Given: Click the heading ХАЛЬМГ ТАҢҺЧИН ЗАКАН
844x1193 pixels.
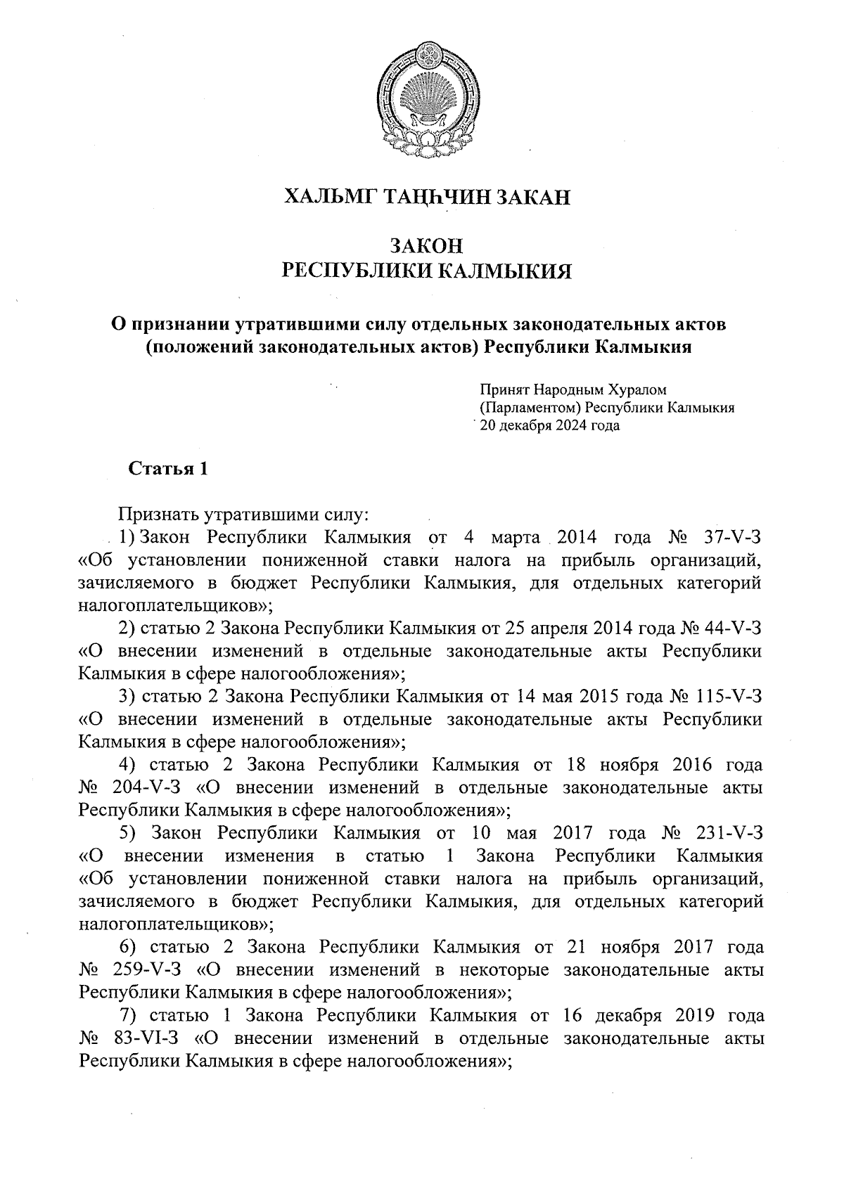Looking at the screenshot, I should (x=426, y=196).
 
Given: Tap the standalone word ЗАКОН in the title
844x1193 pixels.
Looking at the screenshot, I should (x=426, y=246).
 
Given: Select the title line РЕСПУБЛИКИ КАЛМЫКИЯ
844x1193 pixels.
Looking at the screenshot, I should (x=426, y=271).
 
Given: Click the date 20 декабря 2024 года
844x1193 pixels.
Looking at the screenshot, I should (x=549, y=425).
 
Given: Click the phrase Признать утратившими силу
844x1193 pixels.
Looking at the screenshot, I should (x=243, y=515).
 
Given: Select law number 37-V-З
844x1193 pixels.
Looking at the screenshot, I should (x=731, y=538).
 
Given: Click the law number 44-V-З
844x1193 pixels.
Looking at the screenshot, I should (x=731, y=628).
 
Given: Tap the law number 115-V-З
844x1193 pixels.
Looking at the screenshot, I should (x=728, y=697).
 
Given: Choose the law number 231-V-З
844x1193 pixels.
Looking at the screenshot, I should (x=728, y=833).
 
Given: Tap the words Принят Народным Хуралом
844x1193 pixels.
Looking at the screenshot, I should (x=573, y=389).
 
